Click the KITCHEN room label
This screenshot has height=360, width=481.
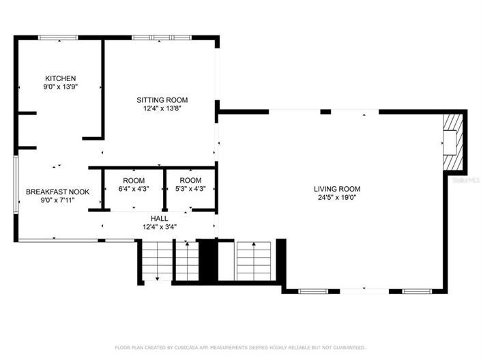pos(60,78)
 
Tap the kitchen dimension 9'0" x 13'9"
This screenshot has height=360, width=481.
pos(60,87)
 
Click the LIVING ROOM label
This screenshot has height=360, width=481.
pos(337,189)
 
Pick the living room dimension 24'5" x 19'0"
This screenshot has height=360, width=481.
pos(337,197)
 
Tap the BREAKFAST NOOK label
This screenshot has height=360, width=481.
pos(57,192)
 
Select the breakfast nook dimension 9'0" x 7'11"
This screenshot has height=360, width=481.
pos(57,200)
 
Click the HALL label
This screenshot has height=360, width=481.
pos(160,218)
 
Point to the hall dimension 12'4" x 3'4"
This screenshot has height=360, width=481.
pos(160,226)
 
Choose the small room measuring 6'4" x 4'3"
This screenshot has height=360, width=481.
pos(132,185)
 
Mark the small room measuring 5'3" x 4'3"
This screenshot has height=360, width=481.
pos(190,185)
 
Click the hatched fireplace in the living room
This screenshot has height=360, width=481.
pos(452,143)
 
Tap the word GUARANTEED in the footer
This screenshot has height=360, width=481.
pos(349,347)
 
